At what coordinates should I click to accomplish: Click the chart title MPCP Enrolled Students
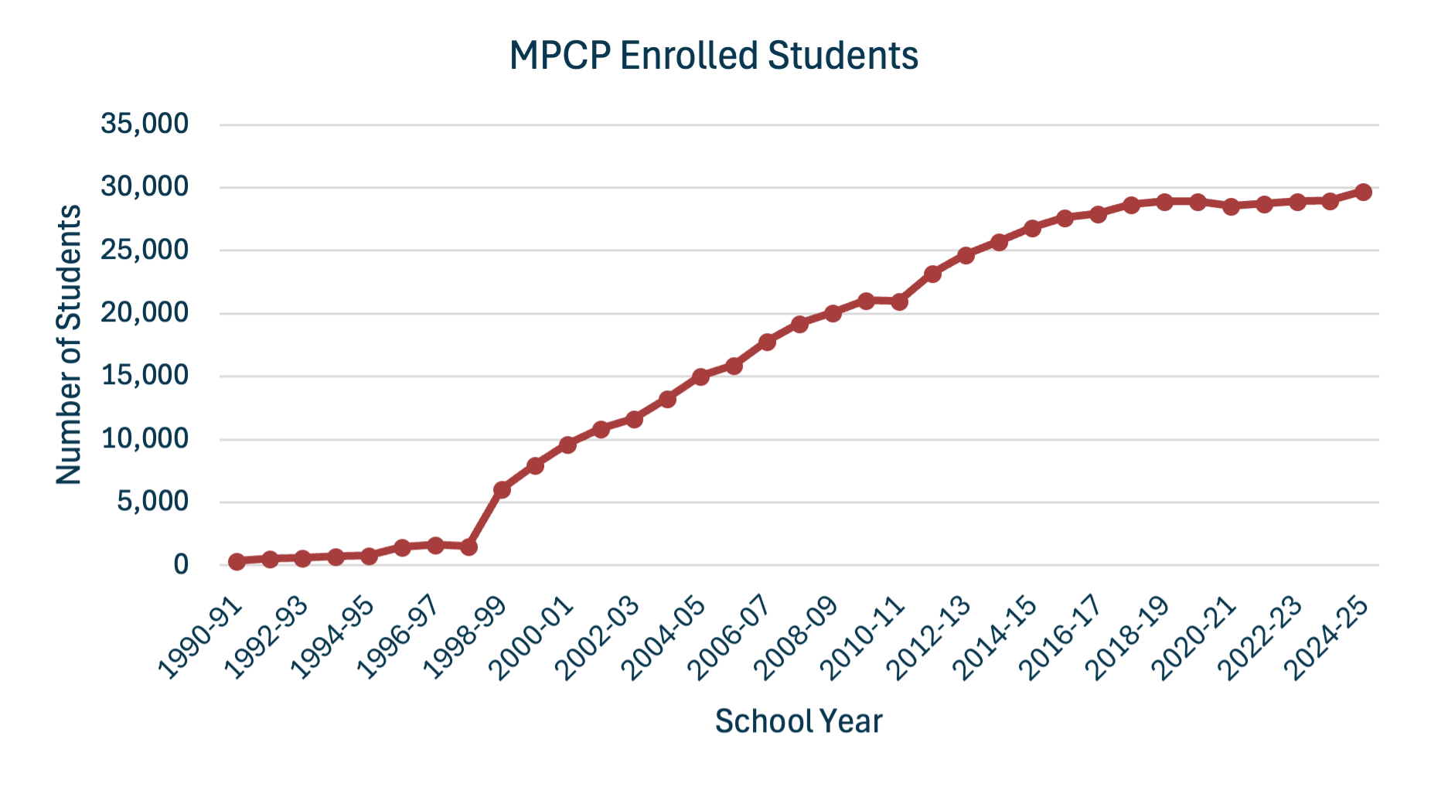714,56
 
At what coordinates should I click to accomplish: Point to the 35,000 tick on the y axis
145,124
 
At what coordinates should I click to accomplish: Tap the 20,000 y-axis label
145,313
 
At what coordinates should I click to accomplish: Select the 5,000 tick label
152,502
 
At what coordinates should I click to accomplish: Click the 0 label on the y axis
181,565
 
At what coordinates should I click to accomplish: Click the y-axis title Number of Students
70,345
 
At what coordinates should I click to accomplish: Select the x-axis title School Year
798,721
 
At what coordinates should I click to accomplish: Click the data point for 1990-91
237,562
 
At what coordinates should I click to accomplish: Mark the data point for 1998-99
502,490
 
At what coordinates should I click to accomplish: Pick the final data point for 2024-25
1363,192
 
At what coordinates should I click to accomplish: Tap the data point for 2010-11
899,301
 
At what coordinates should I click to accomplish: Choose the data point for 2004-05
700,376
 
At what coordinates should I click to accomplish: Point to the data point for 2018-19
1164,202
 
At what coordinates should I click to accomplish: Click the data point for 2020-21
1231,206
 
